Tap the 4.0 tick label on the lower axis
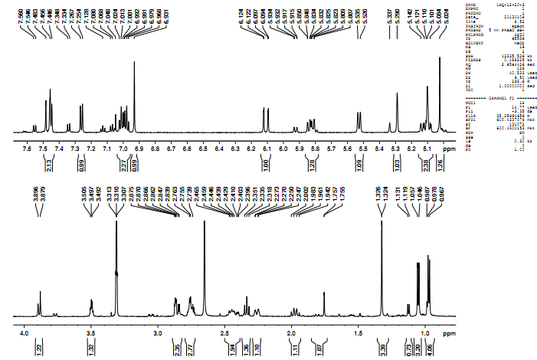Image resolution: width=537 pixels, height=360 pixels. click(x=24, y=334)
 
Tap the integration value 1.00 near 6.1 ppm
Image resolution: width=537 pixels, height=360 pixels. click(x=266, y=163)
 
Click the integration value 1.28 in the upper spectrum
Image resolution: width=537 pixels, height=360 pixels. click(x=312, y=163)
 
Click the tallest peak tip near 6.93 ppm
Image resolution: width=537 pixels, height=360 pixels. click(x=134, y=62)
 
